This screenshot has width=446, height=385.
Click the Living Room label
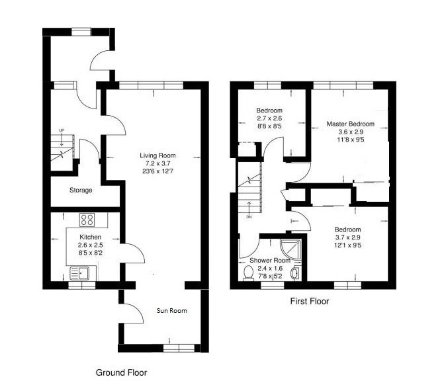(155, 155)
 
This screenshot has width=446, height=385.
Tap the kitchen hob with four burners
(87, 220)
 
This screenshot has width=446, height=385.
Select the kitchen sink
(80, 272)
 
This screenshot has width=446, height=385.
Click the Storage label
(81, 190)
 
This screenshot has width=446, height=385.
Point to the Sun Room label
(171, 310)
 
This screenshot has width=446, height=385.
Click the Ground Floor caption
(122, 372)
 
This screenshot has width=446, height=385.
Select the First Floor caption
(310, 301)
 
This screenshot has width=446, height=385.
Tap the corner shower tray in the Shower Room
(290, 248)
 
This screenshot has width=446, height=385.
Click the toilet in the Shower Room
(249, 273)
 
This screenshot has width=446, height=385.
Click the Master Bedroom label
(350, 124)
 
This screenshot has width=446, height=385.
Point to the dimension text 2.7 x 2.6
(269, 118)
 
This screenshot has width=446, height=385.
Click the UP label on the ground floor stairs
(62, 130)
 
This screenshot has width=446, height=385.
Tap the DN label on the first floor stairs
(249, 217)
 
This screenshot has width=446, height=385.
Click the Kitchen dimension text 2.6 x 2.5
(90, 245)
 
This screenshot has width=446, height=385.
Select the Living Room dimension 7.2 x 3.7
(155, 163)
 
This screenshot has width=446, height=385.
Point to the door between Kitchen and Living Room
(131, 255)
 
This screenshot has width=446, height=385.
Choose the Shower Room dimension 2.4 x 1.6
(266, 268)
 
